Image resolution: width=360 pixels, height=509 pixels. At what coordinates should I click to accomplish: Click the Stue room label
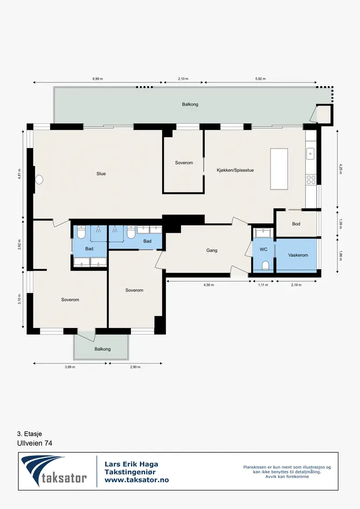point(101,173)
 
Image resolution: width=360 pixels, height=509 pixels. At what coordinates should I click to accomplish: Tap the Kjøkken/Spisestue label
point(235,170)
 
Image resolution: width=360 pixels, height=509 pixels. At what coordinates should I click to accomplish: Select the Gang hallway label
point(211,250)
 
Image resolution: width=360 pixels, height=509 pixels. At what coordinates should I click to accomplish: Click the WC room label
point(264,249)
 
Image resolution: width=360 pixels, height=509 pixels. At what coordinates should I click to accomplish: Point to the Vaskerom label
point(298,255)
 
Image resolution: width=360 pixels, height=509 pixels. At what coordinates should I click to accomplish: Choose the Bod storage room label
point(296,224)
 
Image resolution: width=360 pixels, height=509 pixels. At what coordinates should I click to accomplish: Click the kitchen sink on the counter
point(310,154)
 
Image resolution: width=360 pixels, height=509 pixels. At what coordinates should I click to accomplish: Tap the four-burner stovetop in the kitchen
point(311,179)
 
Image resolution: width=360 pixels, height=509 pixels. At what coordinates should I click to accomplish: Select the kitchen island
point(279,169)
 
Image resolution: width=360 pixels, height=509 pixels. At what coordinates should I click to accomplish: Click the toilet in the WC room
point(266,266)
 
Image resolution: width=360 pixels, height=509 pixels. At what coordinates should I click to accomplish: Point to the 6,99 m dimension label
point(98,79)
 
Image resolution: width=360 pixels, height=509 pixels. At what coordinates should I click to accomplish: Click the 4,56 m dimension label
point(209,285)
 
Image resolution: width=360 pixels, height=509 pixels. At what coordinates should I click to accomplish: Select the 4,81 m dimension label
point(19,173)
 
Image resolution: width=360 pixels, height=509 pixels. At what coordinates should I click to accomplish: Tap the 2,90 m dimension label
point(135,367)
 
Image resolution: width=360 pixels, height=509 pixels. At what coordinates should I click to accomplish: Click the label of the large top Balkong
point(190,104)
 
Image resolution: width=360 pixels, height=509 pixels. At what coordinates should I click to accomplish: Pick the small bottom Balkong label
point(103,349)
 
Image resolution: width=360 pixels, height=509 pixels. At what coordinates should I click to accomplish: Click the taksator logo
point(54,471)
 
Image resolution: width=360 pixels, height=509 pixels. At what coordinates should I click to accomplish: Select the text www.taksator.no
point(137,480)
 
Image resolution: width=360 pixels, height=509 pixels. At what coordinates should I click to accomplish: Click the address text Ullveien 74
point(35,443)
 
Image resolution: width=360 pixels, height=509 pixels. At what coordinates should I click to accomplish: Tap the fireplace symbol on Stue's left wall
point(39,179)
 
